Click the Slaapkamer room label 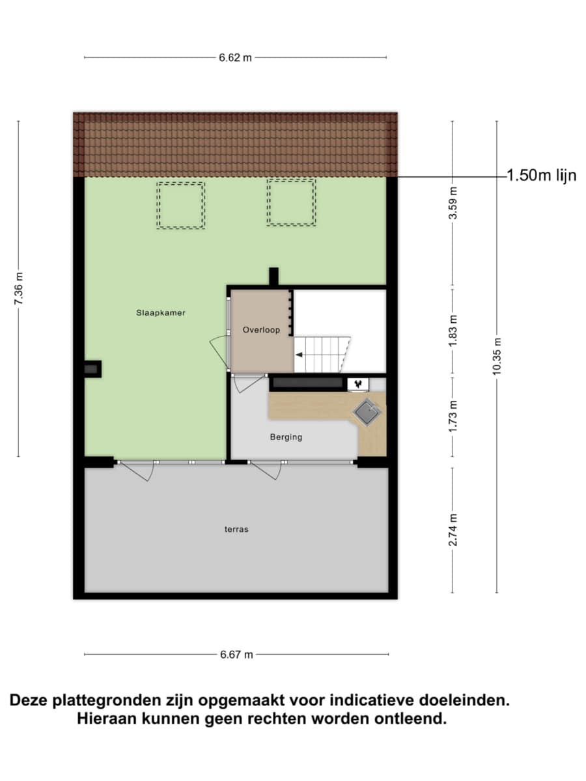point(160,313)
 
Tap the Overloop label point(261,330)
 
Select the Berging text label point(286,437)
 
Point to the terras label point(236,529)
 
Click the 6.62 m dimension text point(235,58)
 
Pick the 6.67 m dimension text point(236,654)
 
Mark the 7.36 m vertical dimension point(18,288)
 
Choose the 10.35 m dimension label point(497,356)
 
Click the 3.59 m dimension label point(453,203)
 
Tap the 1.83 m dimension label point(453,331)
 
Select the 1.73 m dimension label point(453,417)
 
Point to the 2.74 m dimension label point(453,530)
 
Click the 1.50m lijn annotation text point(541,176)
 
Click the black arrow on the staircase point(300,355)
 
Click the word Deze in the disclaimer point(29,700)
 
